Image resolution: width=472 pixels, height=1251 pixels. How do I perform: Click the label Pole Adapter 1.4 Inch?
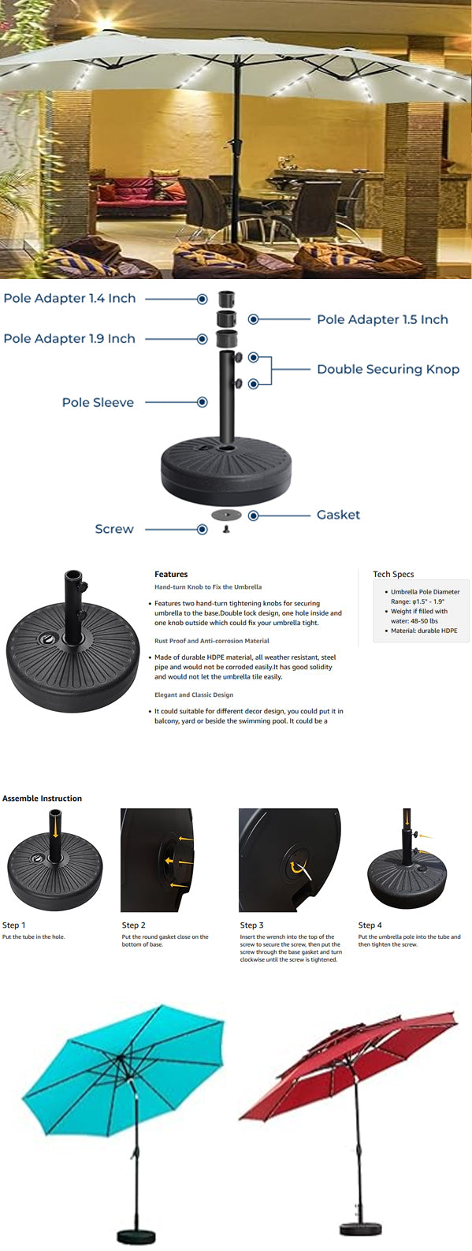pyautogui.click(x=70, y=298)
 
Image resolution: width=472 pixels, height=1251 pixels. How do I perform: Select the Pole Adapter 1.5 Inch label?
pyautogui.click(x=383, y=319)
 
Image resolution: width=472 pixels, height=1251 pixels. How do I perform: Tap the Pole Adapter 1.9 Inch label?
pyautogui.click(x=69, y=338)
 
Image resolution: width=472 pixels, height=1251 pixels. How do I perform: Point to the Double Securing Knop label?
pyautogui.click(x=388, y=369)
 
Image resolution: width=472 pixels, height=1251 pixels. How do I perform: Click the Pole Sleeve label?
pyautogui.click(x=98, y=403)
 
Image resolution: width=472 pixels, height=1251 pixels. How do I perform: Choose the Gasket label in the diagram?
pyautogui.click(x=339, y=515)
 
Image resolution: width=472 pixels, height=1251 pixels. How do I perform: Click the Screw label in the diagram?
pyautogui.click(x=114, y=529)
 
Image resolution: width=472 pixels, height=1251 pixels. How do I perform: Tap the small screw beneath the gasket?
pyautogui.click(x=226, y=529)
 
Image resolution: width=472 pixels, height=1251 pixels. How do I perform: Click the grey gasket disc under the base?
pyautogui.click(x=226, y=515)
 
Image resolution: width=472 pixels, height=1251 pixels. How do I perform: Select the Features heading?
pyautogui.click(x=171, y=574)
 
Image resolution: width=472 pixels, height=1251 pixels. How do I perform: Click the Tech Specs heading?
pyautogui.click(x=393, y=574)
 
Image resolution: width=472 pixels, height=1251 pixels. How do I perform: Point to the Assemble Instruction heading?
pyautogui.click(x=42, y=798)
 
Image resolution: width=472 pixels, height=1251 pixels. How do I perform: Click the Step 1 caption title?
pyautogui.click(x=14, y=925)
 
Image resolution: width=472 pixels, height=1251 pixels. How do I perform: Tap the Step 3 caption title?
pyautogui.click(x=252, y=925)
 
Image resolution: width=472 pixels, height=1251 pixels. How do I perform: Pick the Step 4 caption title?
pyautogui.click(x=370, y=925)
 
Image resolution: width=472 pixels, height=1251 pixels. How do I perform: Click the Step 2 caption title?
pyautogui.click(x=133, y=925)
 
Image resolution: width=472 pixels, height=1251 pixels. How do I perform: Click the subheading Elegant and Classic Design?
pyautogui.click(x=194, y=694)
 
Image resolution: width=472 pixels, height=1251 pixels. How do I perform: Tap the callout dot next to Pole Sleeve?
pyautogui.click(x=203, y=402)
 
